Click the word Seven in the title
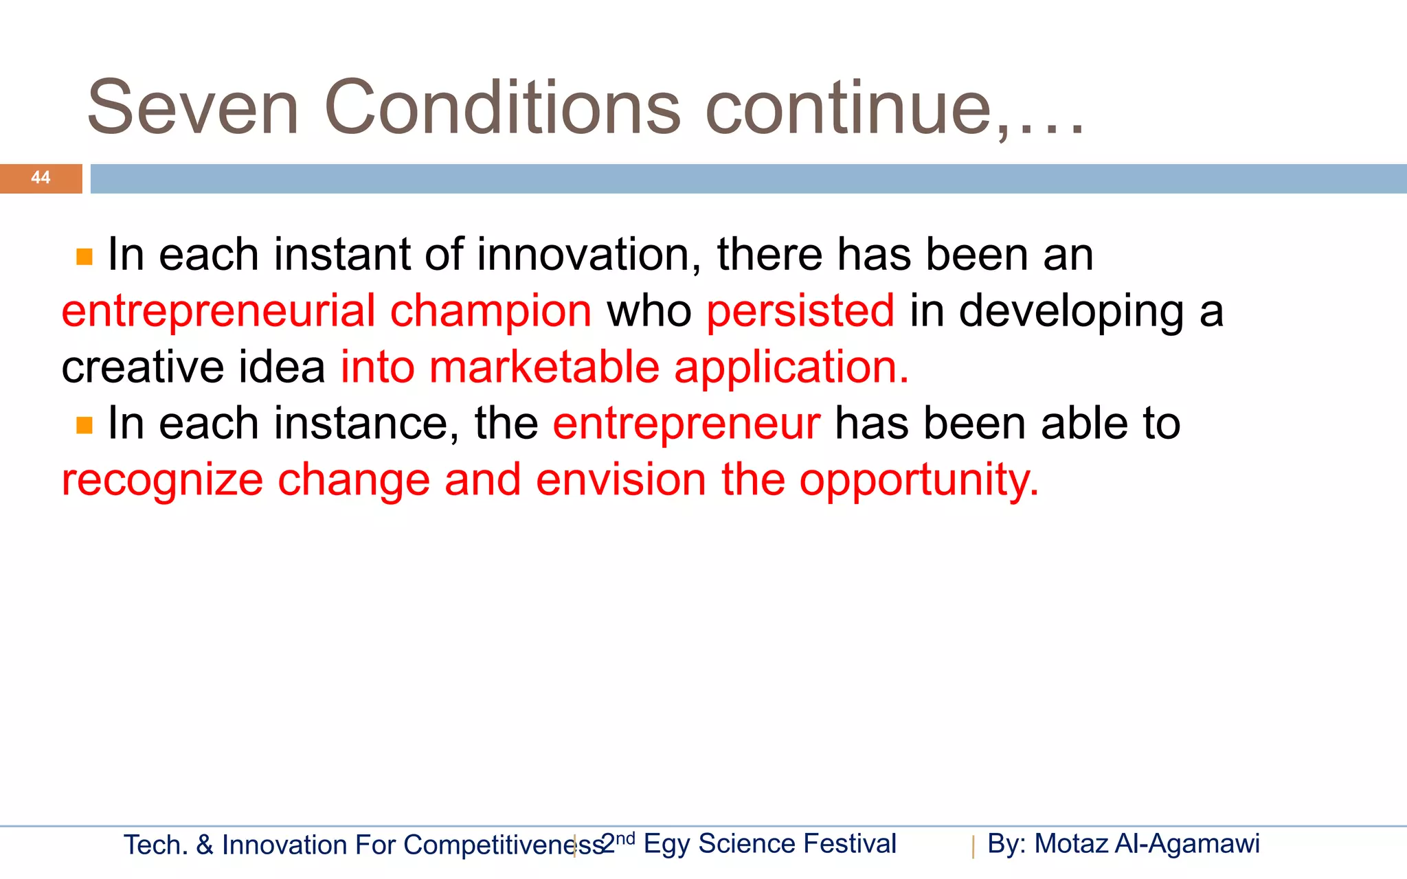pos(193,108)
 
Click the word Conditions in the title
pos(502,108)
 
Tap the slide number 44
pos(41,178)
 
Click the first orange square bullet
pos(85,258)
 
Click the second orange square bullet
pos(85,426)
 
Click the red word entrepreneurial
pos(218,311)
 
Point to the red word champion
pos(491,311)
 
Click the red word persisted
pos(800,311)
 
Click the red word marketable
pos(544,367)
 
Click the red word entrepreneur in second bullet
pos(686,424)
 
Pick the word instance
pos(366,424)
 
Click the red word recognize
pos(162,481)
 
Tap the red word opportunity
pos(919,481)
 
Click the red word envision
pos(621,479)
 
